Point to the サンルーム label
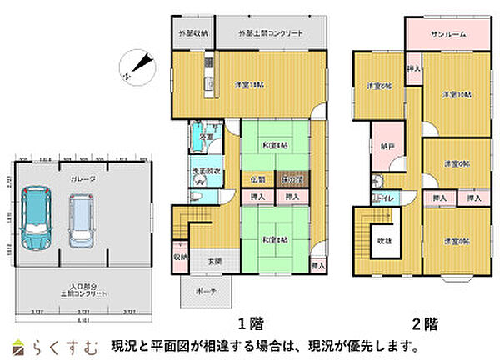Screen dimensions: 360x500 coord(448,35)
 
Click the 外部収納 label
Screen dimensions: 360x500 coord(193,33)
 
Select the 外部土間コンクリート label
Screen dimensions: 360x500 coord(270,33)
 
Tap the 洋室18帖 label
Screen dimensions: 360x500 coord(249,85)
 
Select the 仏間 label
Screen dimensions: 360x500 coord(257,179)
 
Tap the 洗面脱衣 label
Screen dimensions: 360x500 coord(206,172)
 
